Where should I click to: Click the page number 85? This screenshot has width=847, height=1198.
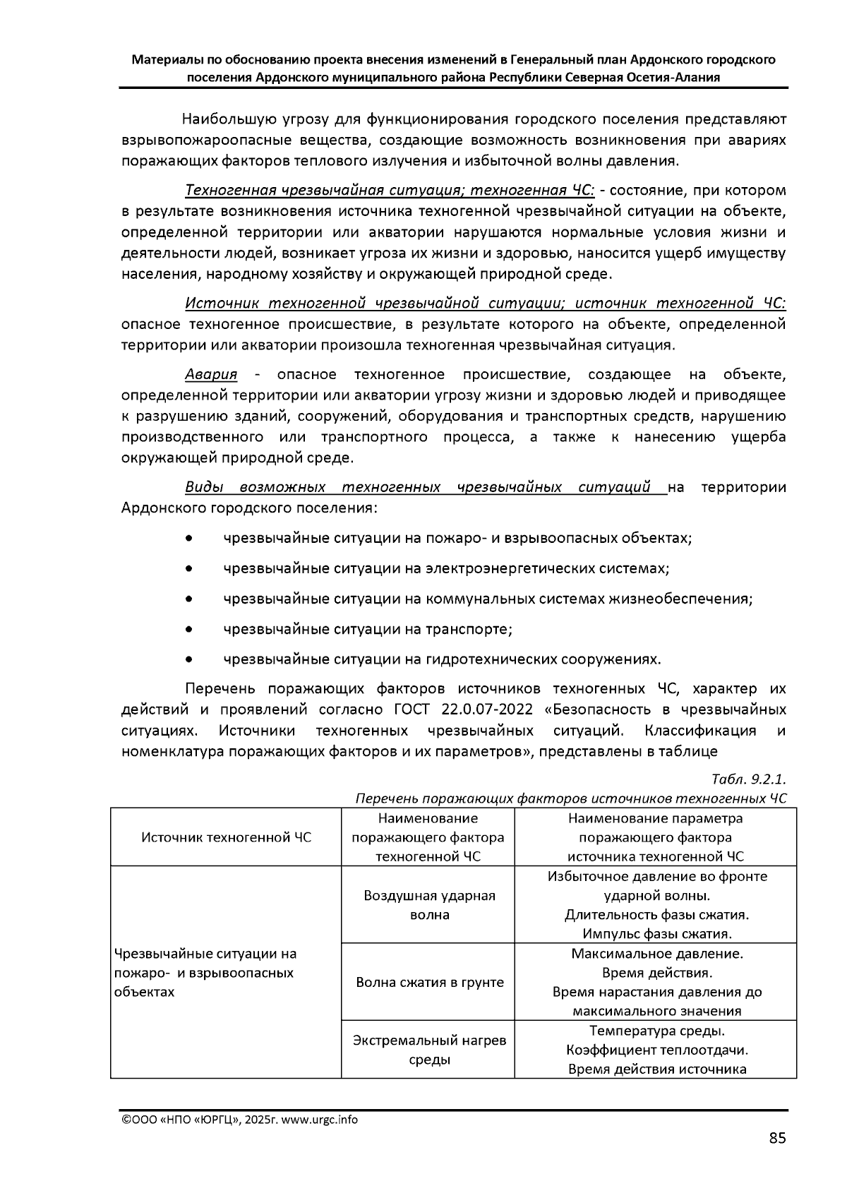[777, 1138]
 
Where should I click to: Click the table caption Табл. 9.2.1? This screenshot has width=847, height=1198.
[748, 779]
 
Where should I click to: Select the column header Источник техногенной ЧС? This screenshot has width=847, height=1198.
[226, 837]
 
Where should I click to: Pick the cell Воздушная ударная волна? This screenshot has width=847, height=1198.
[429, 905]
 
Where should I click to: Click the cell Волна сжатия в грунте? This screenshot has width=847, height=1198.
[429, 982]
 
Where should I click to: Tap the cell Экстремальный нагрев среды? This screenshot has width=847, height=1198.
[429, 1050]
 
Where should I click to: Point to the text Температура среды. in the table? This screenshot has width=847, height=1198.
[656, 1031]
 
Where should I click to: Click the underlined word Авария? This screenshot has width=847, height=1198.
[211, 374]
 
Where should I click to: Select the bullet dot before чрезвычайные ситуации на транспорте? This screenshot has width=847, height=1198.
[189, 629]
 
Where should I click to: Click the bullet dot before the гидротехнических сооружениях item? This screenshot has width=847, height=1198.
[189, 659]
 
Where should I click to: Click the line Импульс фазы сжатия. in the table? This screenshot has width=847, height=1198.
[656, 934]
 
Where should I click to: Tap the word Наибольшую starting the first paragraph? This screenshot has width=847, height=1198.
[222, 119]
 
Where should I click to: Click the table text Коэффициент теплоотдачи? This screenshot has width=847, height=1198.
[656, 1050]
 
